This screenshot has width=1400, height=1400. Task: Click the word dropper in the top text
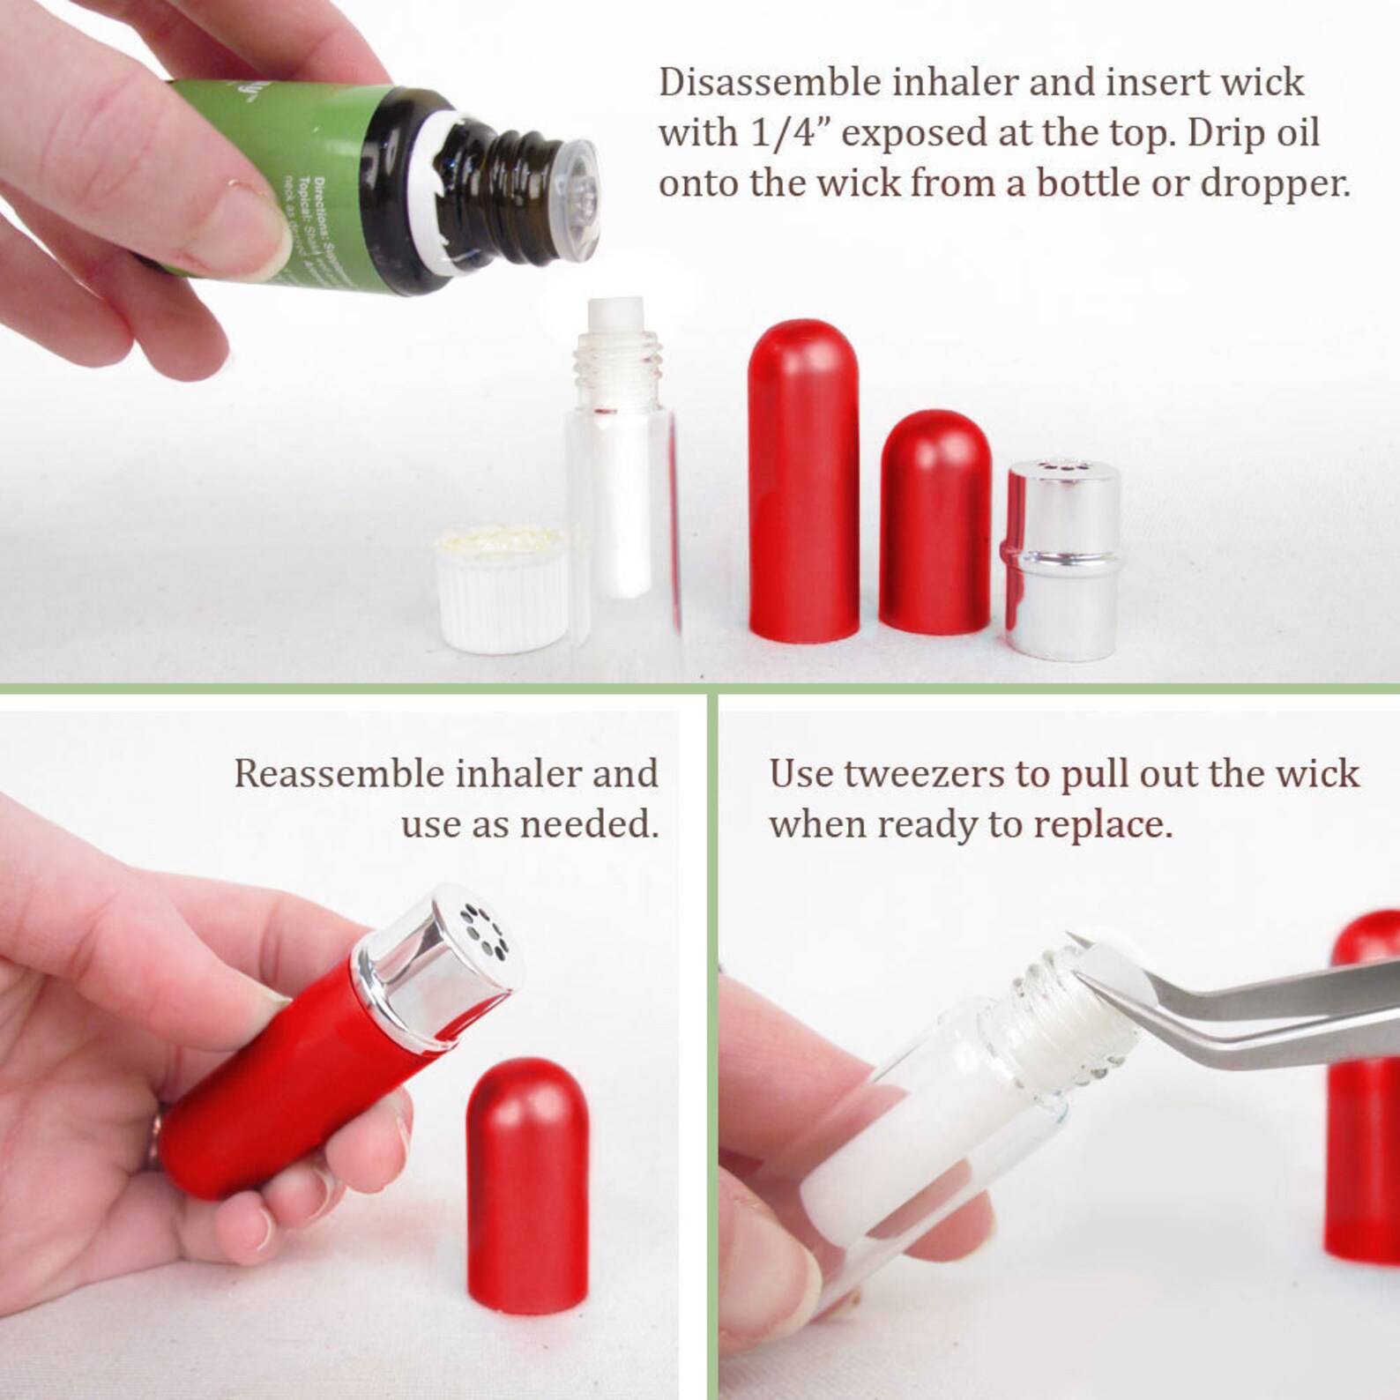pos(1273,183)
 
